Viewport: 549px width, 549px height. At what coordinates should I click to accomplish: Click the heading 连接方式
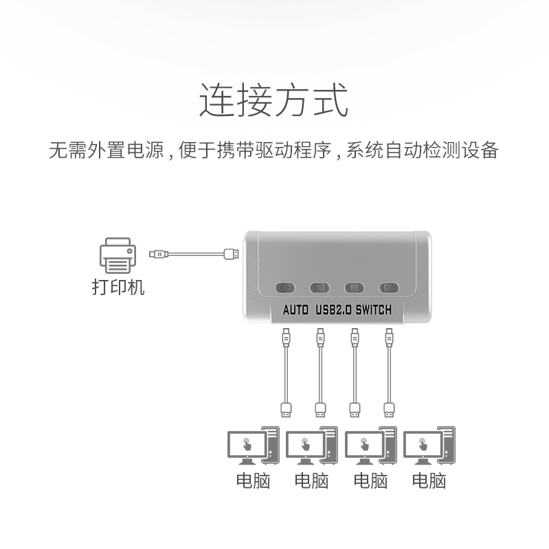273,100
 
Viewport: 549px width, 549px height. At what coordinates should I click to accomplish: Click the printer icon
117,255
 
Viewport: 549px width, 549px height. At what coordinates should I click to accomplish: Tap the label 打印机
118,287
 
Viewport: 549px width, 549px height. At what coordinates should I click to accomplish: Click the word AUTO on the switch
295,310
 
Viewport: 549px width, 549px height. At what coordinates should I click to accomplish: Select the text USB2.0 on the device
333,310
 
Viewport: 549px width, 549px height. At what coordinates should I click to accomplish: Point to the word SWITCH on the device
373,310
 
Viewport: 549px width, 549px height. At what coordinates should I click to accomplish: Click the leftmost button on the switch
285,288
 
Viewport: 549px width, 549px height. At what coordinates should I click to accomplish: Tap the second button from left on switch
320,288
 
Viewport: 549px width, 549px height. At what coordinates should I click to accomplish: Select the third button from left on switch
354,288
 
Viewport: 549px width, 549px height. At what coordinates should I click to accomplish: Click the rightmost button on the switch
389,288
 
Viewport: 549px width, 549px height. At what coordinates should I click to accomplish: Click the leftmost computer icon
254,445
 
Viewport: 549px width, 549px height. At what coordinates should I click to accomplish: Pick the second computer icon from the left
312,445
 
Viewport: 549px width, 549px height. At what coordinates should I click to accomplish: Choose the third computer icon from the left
371,445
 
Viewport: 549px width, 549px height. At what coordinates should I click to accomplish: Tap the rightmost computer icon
429,445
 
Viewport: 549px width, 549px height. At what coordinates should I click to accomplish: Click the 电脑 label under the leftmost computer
253,481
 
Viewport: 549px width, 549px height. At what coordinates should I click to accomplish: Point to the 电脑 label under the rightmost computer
429,481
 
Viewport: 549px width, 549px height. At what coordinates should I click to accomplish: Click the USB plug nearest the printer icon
159,254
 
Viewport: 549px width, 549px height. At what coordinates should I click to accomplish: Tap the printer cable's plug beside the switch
232,254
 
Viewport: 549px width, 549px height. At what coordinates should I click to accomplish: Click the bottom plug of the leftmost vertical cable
286,410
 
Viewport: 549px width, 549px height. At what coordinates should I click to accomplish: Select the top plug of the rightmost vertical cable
389,338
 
